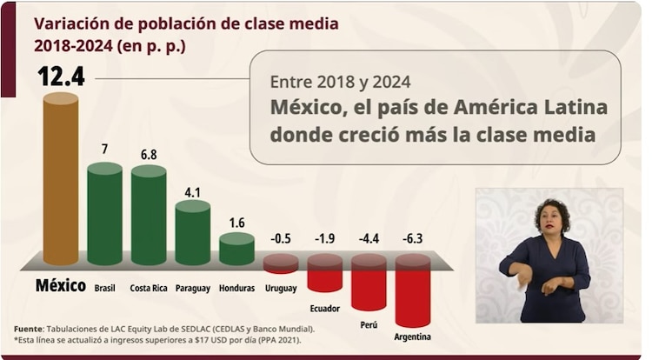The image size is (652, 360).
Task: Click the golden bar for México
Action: click(x=61, y=178)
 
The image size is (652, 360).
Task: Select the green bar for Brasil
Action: click(x=104, y=214)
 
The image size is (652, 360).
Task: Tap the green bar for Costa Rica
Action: click(x=149, y=216)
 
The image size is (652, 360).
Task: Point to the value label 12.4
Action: click(x=60, y=77)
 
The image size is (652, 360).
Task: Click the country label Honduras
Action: click(x=236, y=288)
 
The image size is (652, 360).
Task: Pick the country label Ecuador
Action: click(x=324, y=308)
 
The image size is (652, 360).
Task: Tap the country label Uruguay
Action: click(x=280, y=288)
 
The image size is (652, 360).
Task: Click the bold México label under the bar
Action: click(x=60, y=286)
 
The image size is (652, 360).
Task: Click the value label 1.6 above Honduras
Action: click(x=236, y=222)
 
